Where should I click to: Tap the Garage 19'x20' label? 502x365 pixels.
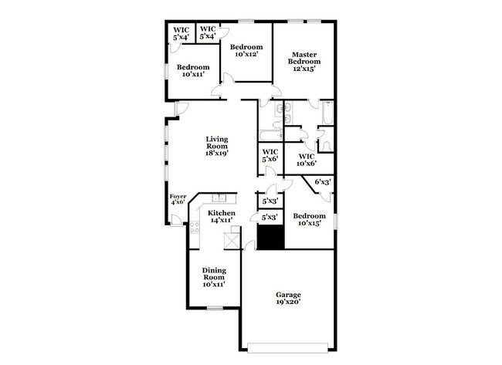(x=289, y=299)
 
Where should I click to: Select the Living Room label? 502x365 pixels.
(x=216, y=145)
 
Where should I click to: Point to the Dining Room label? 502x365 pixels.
(x=213, y=276)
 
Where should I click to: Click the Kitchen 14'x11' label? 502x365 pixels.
(x=222, y=216)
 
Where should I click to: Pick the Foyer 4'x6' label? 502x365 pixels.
(x=178, y=201)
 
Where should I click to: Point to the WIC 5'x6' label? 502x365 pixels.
(x=270, y=155)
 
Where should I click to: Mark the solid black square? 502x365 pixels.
(x=270, y=238)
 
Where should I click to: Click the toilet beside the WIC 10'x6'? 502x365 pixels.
(x=325, y=145)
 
